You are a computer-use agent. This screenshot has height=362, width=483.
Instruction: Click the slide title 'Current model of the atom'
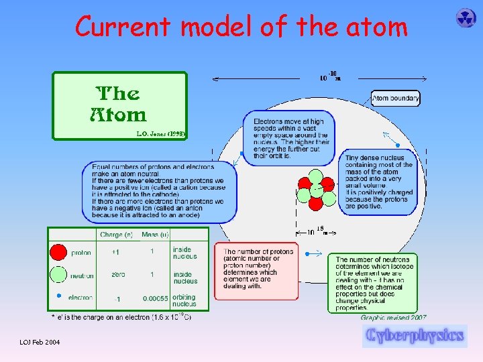tap(241, 27)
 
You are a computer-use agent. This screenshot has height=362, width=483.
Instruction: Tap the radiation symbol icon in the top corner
tap(466, 18)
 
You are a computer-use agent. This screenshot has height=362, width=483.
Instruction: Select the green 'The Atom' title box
tap(119, 105)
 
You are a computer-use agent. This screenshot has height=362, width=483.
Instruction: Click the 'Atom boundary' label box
tap(396, 98)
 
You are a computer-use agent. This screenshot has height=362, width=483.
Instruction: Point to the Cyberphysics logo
tap(415, 335)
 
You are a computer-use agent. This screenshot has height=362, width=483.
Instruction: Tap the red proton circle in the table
tap(60, 252)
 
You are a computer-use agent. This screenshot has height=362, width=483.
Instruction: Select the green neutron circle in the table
tap(60, 275)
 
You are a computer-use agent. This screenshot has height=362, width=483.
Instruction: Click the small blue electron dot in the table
tap(59, 296)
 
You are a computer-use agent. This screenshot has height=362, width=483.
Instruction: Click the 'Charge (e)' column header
tap(116, 235)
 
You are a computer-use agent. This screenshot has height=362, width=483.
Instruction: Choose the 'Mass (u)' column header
tap(154, 235)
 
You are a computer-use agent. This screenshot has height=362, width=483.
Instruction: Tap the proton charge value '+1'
tap(116, 253)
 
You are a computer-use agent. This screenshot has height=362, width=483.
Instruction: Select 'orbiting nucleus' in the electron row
tap(184, 300)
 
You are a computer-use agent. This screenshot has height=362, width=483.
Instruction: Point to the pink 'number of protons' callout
tap(257, 270)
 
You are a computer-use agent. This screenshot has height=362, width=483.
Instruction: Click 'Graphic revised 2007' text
tap(394, 318)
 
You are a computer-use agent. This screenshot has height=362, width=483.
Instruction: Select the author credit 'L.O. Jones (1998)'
tap(161, 134)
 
